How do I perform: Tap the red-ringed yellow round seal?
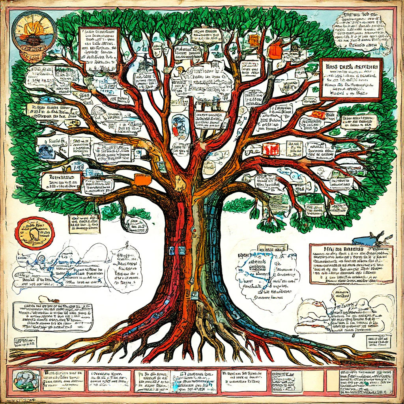(34, 233)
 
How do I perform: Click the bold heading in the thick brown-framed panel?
(351, 67)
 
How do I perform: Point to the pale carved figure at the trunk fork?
(180, 184)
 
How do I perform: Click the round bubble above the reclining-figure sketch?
(340, 294)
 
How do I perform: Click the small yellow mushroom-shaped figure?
(180, 70)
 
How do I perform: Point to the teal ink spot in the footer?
(367, 383)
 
